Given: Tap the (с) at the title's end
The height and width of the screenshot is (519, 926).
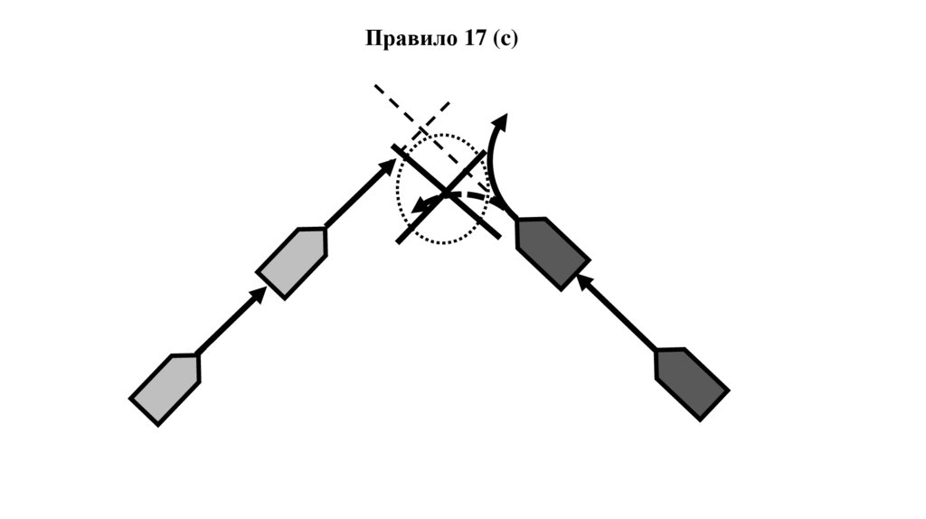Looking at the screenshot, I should click(x=506, y=39).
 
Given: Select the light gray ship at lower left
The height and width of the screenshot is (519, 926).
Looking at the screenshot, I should click(x=165, y=388).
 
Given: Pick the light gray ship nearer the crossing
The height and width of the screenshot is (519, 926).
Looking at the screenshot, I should click(x=292, y=262).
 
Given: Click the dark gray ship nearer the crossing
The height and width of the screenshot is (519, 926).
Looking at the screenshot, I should click(x=548, y=252).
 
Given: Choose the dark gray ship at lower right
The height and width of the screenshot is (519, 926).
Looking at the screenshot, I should click(x=691, y=383).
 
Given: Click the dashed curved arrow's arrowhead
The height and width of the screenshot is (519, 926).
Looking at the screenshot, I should click(x=418, y=207).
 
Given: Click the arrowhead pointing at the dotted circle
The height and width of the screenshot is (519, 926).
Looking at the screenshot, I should click(x=389, y=165).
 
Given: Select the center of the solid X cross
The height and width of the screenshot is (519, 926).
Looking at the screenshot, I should click(x=447, y=193).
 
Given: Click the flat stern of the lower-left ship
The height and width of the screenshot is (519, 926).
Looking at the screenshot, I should click(x=145, y=410).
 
